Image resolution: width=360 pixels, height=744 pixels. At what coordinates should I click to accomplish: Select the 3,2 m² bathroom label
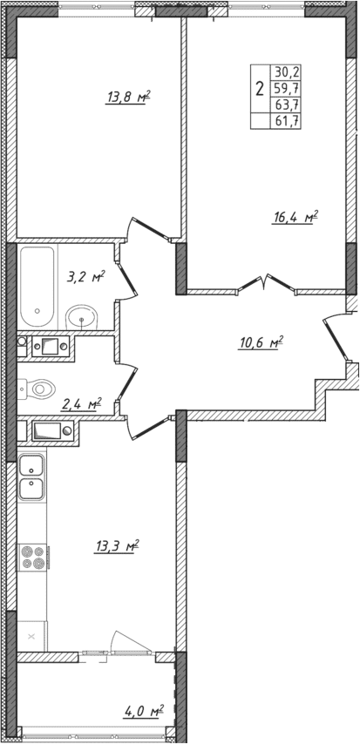(85, 279)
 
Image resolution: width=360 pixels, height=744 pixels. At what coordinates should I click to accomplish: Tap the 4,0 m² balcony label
(144, 714)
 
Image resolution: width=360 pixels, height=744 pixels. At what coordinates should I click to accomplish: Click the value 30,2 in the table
(286, 73)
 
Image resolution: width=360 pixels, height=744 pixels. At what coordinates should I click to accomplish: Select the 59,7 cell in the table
(286, 89)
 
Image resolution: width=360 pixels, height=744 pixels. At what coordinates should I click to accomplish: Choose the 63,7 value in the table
(286, 105)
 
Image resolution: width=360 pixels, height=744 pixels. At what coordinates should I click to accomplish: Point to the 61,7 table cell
(286, 121)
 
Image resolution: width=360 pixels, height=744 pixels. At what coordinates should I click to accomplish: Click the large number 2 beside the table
(260, 88)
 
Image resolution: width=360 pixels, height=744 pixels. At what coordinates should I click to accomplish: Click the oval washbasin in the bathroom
(83, 316)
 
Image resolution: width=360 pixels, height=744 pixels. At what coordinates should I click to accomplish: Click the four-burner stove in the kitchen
(32, 557)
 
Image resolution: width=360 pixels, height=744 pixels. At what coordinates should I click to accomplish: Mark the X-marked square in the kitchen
(32, 637)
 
